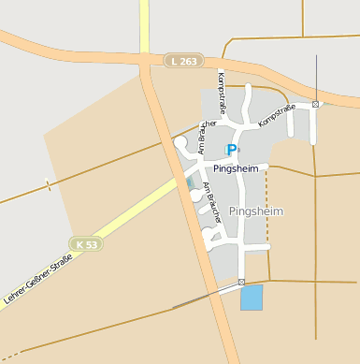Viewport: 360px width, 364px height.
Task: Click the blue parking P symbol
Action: coord(232,150)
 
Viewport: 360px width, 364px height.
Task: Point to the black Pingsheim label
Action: coord(235,168)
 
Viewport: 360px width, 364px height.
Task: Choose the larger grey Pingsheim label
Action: coord(255,211)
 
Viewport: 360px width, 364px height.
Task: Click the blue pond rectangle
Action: coord(252,298)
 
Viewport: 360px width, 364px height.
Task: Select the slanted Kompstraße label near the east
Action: coord(277,115)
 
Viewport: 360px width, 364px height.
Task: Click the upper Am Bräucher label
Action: coord(209,135)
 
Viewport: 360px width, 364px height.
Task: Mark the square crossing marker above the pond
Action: coord(241,282)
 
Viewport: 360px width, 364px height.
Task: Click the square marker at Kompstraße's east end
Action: coord(316,104)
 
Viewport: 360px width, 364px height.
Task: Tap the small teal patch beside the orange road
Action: coord(191,181)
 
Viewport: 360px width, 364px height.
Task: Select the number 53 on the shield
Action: coord(92,244)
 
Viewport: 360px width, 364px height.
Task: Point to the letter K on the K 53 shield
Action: coord(81,244)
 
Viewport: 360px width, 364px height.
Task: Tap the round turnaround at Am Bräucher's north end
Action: coord(180,142)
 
